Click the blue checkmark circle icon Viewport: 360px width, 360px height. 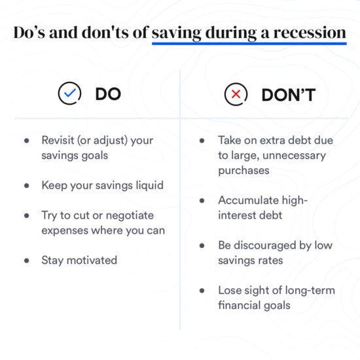click(69, 94)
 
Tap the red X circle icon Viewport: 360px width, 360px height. click(235, 95)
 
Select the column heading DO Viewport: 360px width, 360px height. click(108, 94)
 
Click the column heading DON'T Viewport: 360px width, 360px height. click(289, 95)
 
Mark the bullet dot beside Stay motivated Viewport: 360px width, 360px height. click(27, 261)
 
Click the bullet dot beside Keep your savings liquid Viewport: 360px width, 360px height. click(27, 186)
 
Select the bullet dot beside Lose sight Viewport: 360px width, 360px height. click(203, 291)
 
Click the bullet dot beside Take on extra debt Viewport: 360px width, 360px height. click(203, 141)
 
